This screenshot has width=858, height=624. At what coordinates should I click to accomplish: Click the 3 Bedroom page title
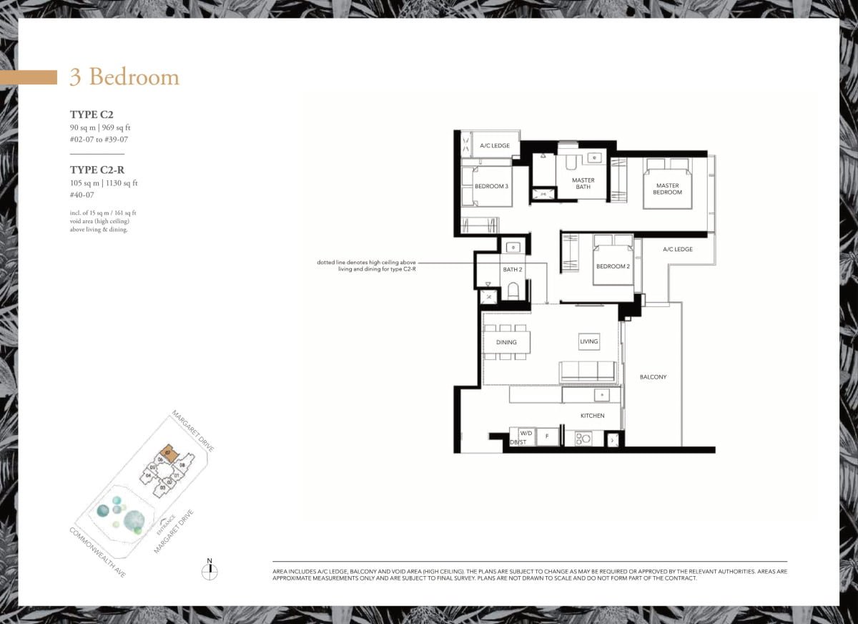pos(124,77)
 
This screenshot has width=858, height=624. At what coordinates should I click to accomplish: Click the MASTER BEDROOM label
pos(667,189)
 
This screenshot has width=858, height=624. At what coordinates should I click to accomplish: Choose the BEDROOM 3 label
pos(491,186)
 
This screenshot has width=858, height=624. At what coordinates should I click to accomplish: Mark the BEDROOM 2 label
pos(613,267)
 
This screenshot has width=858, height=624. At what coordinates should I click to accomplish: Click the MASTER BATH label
pos(583,184)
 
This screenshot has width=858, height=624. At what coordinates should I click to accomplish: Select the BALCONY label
pos(653,376)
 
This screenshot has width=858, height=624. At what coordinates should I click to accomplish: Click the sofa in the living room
pos(587,371)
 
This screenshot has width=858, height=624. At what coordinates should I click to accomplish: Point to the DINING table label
pos(506,342)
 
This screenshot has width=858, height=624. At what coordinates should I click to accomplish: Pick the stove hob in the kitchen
pos(583,439)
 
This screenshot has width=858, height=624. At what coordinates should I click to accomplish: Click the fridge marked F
pos(547,436)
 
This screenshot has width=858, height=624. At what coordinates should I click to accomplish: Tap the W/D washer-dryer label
pos(526,434)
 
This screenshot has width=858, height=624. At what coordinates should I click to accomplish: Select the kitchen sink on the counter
pos(601,395)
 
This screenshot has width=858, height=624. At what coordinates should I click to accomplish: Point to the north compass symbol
pos(209,570)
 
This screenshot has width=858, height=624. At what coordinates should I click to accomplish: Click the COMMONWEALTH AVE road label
pos(96,553)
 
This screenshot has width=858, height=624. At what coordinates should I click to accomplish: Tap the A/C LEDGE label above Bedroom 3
pos(495,146)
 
